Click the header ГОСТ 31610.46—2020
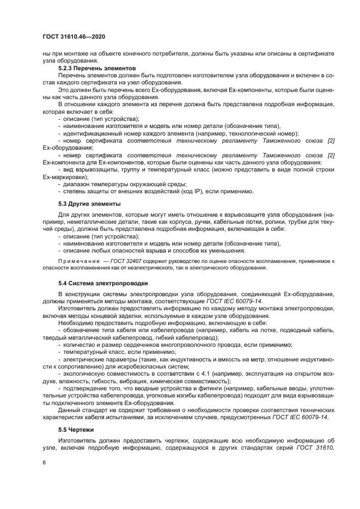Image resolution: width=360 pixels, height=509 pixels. coord(74,36)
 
